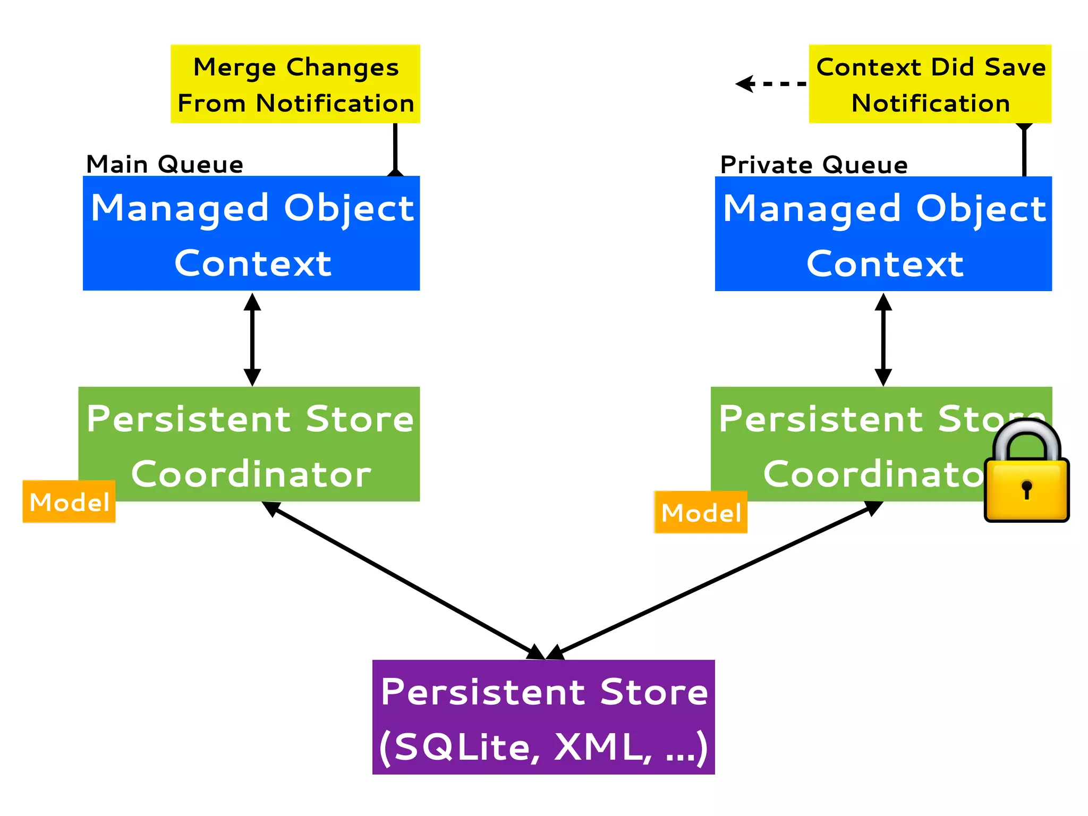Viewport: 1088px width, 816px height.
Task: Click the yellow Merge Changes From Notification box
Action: click(x=295, y=84)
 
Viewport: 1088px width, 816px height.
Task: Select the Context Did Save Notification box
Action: click(x=930, y=84)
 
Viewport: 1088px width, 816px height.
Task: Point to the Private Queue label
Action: click(x=813, y=165)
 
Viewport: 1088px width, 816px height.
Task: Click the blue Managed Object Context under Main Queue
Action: click(x=251, y=234)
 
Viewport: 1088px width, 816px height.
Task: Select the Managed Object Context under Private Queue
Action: click(x=883, y=234)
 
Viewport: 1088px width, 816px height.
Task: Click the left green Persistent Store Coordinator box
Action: click(x=250, y=444)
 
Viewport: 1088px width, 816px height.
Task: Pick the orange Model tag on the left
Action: click(x=69, y=501)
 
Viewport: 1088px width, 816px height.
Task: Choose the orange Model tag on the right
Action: click(x=701, y=512)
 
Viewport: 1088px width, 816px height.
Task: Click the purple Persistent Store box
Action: click(x=543, y=717)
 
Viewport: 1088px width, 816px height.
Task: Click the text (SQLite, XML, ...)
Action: click(x=543, y=746)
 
